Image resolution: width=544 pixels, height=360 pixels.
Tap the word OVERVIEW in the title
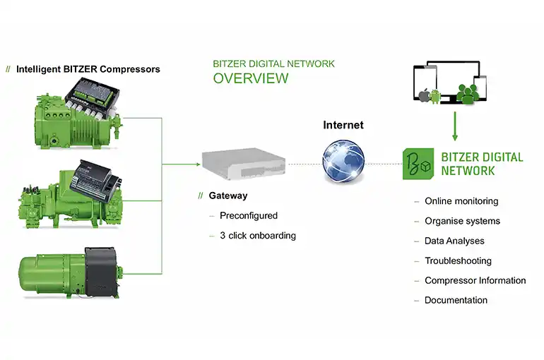(251, 78)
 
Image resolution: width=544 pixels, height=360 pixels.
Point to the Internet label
(343, 125)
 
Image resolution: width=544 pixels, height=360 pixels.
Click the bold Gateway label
(228, 196)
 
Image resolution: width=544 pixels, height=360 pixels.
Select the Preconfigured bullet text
(249, 215)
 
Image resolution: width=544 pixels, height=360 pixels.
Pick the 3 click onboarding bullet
(258, 235)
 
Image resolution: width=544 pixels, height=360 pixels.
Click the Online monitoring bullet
(461, 201)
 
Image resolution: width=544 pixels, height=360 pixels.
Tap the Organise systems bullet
(462, 221)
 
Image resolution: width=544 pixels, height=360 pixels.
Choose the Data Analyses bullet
(454, 241)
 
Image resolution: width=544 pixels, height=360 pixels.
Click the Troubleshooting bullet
(458, 260)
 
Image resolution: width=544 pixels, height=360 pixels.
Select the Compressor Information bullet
(475, 280)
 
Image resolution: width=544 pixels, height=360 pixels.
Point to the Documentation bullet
(456, 300)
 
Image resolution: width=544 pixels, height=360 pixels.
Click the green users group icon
(467, 94)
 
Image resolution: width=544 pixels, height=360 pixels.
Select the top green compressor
(78, 112)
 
